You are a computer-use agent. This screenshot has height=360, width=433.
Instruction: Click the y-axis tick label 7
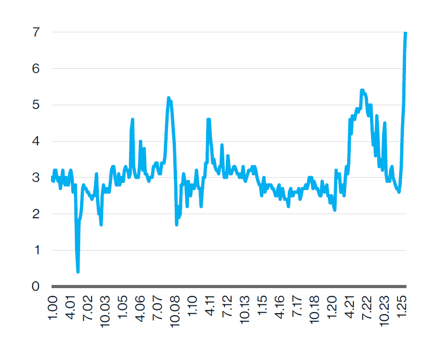(x=36, y=32)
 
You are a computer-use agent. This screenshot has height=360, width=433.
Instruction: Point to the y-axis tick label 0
(x=36, y=286)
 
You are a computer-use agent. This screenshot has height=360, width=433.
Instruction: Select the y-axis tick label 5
(x=36, y=105)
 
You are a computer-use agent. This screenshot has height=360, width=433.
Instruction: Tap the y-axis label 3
(x=36, y=178)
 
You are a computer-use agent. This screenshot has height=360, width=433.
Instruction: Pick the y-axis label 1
(x=36, y=250)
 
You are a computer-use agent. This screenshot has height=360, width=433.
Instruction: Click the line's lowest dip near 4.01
(x=78, y=271)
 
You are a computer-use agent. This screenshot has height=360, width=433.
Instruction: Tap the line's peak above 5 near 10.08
(x=169, y=98)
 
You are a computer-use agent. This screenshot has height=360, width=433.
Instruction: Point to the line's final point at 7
(x=405, y=33)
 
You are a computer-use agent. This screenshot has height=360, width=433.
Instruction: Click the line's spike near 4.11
(x=209, y=120)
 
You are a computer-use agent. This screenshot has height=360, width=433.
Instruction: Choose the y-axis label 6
(x=36, y=69)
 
